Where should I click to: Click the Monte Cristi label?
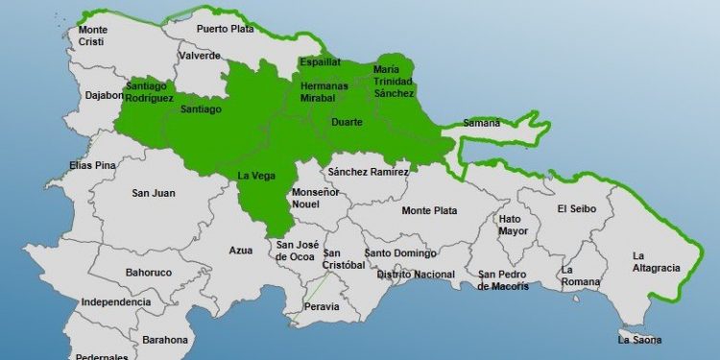tap(92, 36)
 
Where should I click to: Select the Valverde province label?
tap(200, 56)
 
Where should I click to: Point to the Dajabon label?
tap(105, 95)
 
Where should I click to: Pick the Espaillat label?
tap(320, 62)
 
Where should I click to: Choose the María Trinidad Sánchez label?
tap(394, 82)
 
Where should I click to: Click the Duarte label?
tap(346, 123)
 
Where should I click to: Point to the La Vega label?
tap(256, 175)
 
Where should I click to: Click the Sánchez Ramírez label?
tap(368, 172)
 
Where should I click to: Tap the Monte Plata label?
tap(429, 210)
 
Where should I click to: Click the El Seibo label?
tap(576, 208)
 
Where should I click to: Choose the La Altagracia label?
tap(656, 261)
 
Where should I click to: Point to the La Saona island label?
tap(639, 339)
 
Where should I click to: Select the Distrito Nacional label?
tap(416, 275)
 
